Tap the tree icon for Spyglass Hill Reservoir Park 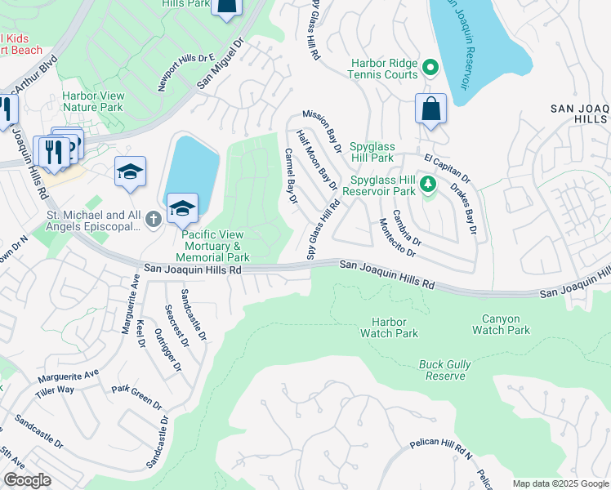(x=426, y=185)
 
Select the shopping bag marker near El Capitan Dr (x=430, y=109)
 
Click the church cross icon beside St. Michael (x=152, y=219)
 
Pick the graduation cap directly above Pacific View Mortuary (x=183, y=207)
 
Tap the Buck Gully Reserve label (x=442, y=370)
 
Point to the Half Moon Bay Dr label (x=316, y=157)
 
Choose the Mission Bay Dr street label (x=322, y=131)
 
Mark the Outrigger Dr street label (x=172, y=349)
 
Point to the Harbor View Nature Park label (x=93, y=101)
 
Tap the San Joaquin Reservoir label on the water (x=456, y=45)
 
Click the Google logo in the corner (x=27, y=480)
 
